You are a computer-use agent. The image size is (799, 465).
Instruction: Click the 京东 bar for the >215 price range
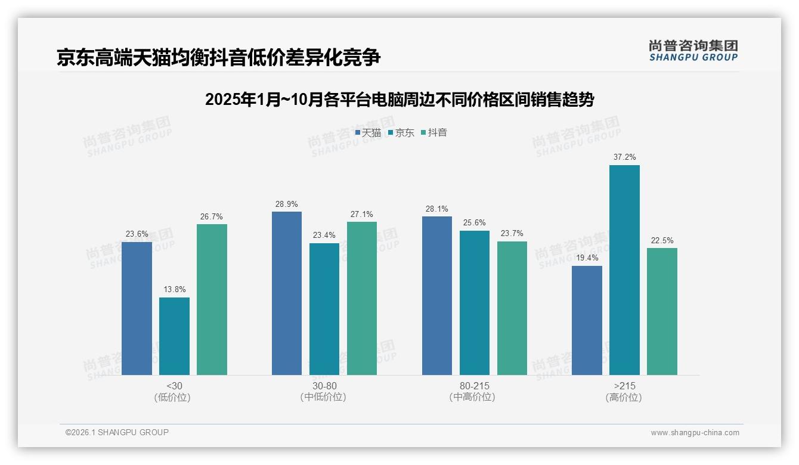(x=624, y=270)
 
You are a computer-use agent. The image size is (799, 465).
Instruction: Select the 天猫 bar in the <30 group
(x=137, y=308)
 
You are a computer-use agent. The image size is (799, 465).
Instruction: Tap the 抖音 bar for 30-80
(x=362, y=298)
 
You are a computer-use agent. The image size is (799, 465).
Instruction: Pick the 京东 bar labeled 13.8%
(x=174, y=336)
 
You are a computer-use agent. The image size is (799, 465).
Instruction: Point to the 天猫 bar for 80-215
(x=437, y=296)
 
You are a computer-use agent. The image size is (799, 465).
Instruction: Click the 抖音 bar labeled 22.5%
(x=662, y=311)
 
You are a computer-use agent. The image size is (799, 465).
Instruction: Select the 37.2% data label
(x=624, y=157)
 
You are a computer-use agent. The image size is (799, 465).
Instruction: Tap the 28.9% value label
(x=287, y=204)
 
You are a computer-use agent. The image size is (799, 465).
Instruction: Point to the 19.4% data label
(x=587, y=258)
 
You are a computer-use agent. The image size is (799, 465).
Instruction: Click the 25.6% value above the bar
(x=475, y=223)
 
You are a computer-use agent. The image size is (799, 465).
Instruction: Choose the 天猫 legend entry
(x=368, y=133)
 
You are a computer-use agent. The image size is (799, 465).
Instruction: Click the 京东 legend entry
(x=401, y=133)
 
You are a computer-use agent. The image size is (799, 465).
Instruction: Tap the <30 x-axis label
(x=174, y=386)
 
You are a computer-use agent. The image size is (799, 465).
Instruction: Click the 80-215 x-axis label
(x=475, y=386)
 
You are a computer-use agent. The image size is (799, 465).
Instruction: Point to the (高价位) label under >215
(x=624, y=397)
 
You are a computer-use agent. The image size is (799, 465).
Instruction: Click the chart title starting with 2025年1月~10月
(x=399, y=100)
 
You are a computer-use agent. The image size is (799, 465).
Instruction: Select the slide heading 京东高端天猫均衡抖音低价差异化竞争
(x=218, y=58)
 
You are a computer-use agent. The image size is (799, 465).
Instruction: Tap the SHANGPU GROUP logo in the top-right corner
(x=693, y=51)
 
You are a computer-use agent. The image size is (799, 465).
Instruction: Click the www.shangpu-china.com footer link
(x=695, y=433)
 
